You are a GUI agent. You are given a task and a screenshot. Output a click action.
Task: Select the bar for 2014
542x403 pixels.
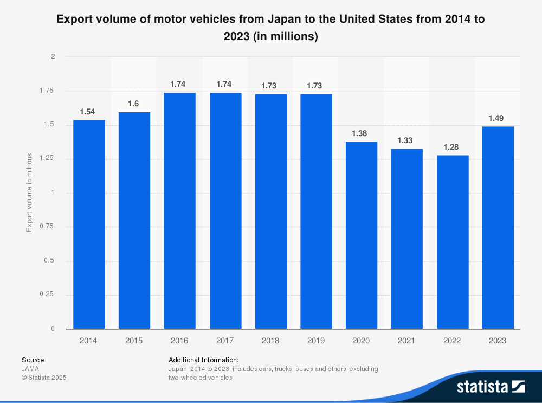tap(89, 224)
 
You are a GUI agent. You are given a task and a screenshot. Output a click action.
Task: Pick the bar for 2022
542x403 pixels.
tap(452, 242)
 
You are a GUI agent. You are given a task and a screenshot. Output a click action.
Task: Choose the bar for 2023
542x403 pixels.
tap(498, 227)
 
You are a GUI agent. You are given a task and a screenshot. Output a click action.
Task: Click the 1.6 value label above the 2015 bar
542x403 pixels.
tap(134, 104)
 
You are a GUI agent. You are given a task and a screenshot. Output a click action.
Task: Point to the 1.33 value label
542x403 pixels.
tap(406, 140)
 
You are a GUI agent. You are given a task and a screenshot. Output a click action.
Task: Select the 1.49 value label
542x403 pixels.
tap(498, 118)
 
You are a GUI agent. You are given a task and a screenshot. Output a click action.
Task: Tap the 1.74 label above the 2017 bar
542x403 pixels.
tap(225, 84)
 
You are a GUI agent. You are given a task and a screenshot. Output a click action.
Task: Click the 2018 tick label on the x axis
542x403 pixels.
tap(270, 341)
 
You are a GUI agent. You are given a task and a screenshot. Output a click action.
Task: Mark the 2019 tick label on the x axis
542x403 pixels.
tap(316, 341)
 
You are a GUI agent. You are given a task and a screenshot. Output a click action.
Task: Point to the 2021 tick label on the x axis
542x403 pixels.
tap(406, 341)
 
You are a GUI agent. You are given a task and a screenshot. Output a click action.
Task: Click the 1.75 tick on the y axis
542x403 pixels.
tap(48, 91)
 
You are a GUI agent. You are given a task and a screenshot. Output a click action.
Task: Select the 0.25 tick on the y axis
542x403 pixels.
tap(48, 295)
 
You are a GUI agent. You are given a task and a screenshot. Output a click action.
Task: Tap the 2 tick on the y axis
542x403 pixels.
tap(53, 56)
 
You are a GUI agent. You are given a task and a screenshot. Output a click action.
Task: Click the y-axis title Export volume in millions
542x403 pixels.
tap(29, 193)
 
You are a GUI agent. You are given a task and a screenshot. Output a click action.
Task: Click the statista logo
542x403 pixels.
tap(491, 386)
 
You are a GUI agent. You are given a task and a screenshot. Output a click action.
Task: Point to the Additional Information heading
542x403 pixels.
tap(203, 360)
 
